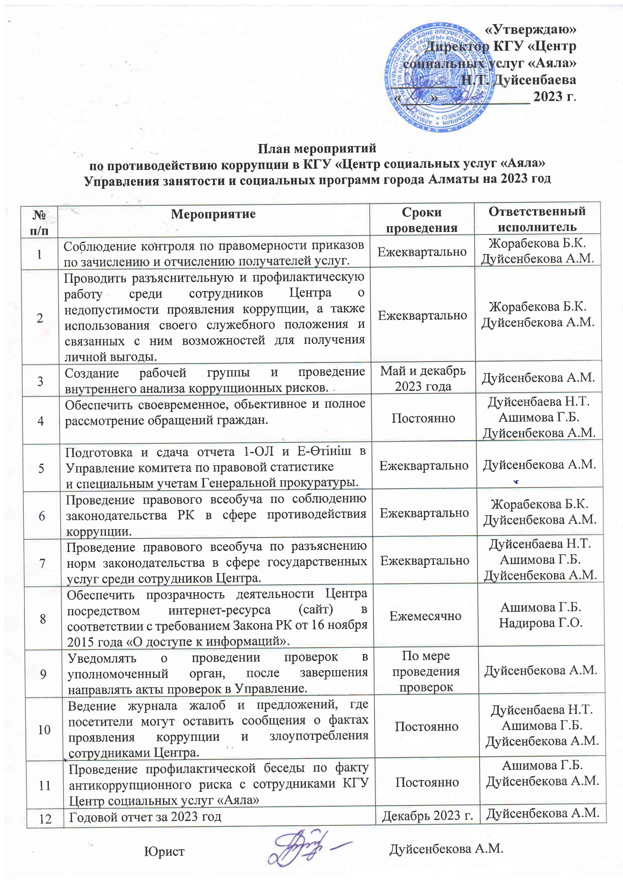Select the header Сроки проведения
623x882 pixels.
point(422,219)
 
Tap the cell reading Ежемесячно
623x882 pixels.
point(425,616)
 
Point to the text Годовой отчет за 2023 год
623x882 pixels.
point(145,817)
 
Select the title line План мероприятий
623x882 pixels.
point(317,148)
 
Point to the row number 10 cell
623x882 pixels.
point(44,729)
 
